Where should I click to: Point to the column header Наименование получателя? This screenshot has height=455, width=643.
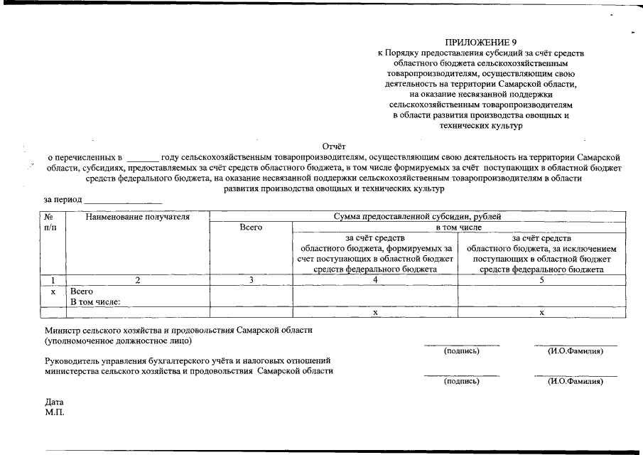click(x=138, y=217)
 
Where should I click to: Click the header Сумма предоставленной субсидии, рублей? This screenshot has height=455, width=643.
click(x=418, y=217)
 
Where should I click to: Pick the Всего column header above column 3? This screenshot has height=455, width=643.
click(x=252, y=227)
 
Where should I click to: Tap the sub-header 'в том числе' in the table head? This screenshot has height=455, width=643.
click(x=458, y=227)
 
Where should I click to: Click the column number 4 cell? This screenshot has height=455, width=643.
click(x=375, y=280)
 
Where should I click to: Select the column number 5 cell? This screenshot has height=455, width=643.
click(x=541, y=280)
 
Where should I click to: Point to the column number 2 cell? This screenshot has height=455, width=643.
click(x=138, y=280)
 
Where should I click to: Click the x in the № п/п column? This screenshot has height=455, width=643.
click(x=53, y=291)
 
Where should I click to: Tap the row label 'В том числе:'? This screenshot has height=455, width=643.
click(x=95, y=301)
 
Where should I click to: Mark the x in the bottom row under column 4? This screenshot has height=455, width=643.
click(x=375, y=313)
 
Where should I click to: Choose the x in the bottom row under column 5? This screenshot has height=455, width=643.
click(x=541, y=313)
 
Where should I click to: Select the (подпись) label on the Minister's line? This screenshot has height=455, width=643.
click(x=461, y=351)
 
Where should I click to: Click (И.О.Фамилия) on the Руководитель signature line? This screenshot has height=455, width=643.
click(x=575, y=381)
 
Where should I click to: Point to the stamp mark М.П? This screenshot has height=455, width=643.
click(x=55, y=412)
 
